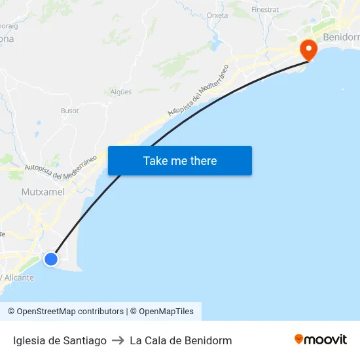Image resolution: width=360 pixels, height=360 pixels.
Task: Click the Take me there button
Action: [180, 160]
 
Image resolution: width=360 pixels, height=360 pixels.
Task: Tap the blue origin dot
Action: [50, 259]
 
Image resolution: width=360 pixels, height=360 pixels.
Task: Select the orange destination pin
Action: [308, 49]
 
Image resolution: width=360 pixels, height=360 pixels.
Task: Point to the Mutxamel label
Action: [43, 192]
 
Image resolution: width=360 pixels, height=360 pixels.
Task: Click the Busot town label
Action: [69, 111]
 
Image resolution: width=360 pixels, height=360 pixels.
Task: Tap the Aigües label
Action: [121, 92]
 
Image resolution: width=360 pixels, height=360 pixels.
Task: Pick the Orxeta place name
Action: [217, 15]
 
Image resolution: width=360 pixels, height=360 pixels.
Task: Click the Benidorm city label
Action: [341, 37]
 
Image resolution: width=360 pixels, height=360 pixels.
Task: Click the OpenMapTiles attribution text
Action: [166, 312]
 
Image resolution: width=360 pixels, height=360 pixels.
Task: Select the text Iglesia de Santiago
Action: [60, 340]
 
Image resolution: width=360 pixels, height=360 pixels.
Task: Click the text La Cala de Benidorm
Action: [181, 340]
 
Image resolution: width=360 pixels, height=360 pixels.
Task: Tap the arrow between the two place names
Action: [118, 340]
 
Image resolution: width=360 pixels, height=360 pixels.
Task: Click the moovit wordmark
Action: [325, 340]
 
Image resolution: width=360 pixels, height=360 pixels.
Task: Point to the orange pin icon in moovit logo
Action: [299, 339]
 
